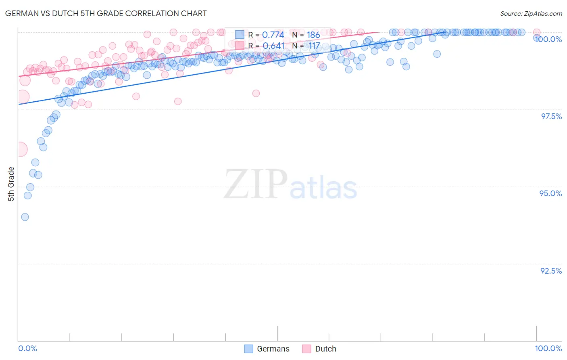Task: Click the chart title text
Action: tap(106, 13)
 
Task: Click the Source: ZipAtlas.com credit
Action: tap(531, 13)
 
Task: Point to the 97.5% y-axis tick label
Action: tap(551, 116)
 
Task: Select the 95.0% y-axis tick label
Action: tap(550, 193)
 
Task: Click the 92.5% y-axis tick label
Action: tap(551, 271)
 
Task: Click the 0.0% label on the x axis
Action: tap(27, 348)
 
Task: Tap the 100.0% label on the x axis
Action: tap(548, 348)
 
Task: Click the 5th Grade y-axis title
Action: tap(11, 184)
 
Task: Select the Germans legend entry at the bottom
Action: tap(267, 349)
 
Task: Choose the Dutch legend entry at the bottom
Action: tap(319, 349)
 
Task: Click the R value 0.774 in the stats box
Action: tap(273, 35)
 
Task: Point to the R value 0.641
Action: tap(273, 46)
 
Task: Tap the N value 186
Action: tap(313, 35)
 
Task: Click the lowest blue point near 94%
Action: tap(25, 217)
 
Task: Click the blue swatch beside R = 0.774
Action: tap(240, 35)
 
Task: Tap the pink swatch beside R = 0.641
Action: tap(240, 46)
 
